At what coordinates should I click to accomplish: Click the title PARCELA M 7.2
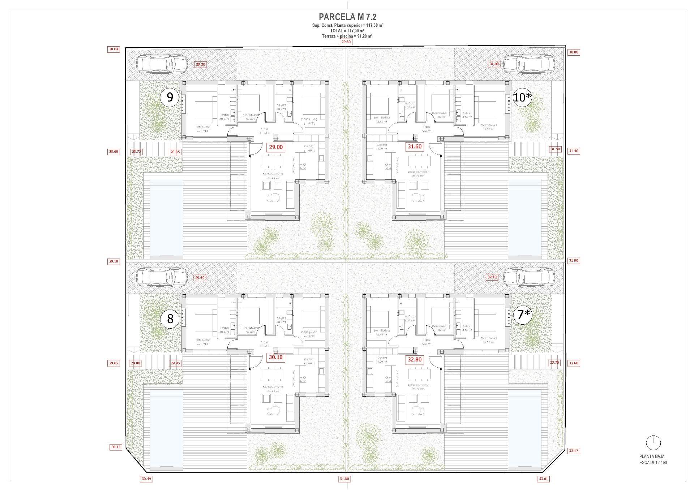343,17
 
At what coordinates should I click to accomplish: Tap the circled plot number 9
170,97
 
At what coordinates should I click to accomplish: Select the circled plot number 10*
523,97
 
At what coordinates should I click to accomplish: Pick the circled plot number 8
170,318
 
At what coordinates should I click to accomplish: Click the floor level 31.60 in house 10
414,147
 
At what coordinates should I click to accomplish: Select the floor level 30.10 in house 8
276,357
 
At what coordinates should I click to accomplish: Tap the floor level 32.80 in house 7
415,360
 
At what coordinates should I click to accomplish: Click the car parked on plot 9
162,65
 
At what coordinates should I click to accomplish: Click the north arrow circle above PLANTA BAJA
653,443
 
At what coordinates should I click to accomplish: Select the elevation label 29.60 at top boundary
346,42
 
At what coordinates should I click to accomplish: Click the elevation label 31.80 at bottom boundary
344,479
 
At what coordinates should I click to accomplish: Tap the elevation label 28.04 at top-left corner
113,49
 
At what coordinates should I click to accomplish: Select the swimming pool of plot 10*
526,218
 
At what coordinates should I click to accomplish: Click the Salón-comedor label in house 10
419,172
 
